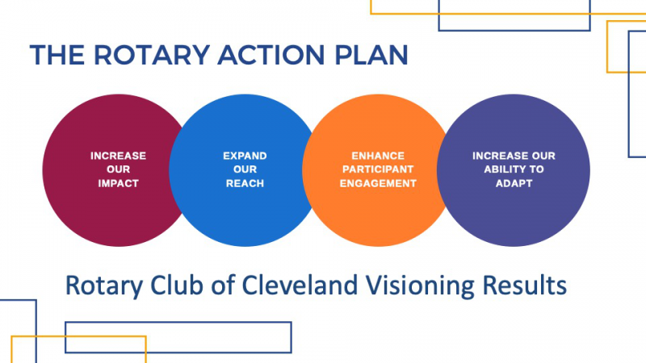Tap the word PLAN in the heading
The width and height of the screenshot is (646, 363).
(x=371, y=55)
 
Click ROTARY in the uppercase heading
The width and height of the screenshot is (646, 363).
(x=152, y=55)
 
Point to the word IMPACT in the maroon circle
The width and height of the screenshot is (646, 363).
(x=118, y=184)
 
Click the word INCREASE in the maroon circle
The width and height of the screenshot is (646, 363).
(x=118, y=156)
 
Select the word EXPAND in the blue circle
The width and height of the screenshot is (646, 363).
(x=245, y=156)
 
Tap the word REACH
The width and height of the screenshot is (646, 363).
(x=245, y=184)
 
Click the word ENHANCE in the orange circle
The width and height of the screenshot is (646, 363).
(x=378, y=156)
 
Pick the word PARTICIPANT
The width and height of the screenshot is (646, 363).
(x=378, y=169)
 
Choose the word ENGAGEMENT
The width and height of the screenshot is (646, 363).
(x=378, y=184)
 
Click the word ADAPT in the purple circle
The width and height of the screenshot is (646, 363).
(x=514, y=184)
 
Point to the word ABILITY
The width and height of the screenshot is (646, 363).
(x=502, y=169)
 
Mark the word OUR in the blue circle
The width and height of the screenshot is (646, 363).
(x=245, y=169)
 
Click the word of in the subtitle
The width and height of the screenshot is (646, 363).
(x=223, y=285)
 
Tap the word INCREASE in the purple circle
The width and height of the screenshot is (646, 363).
(x=500, y=156)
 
